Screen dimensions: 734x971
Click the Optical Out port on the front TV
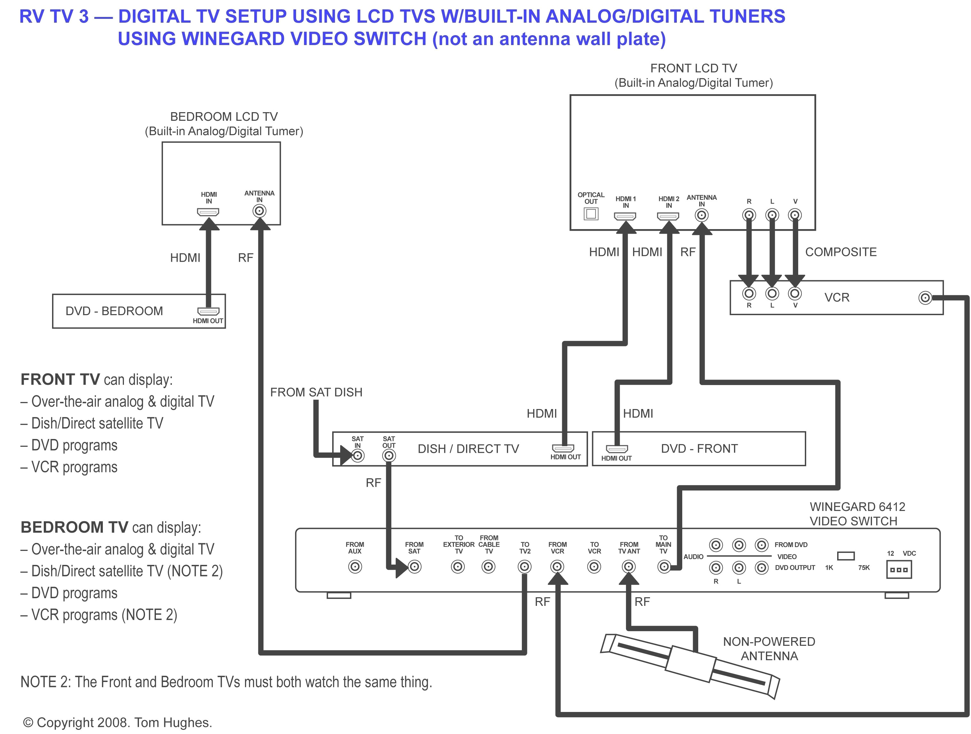[x=591, y=214]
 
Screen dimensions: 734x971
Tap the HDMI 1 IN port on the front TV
[x=625, y=216]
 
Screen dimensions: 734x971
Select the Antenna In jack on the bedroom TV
[x=259, y=211]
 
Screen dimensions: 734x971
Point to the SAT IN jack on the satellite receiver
[x=358, y=455]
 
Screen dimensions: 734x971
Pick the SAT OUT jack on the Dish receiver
[x=388, y=455]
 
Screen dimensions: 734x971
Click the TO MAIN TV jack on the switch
[x=664, y=567]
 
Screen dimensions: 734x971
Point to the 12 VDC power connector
[x=898, y=570]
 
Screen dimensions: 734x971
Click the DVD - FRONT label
[x=699, y=448]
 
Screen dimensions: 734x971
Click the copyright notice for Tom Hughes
[x=118, y=722]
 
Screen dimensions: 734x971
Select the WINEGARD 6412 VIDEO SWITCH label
[x=857, y=514]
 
